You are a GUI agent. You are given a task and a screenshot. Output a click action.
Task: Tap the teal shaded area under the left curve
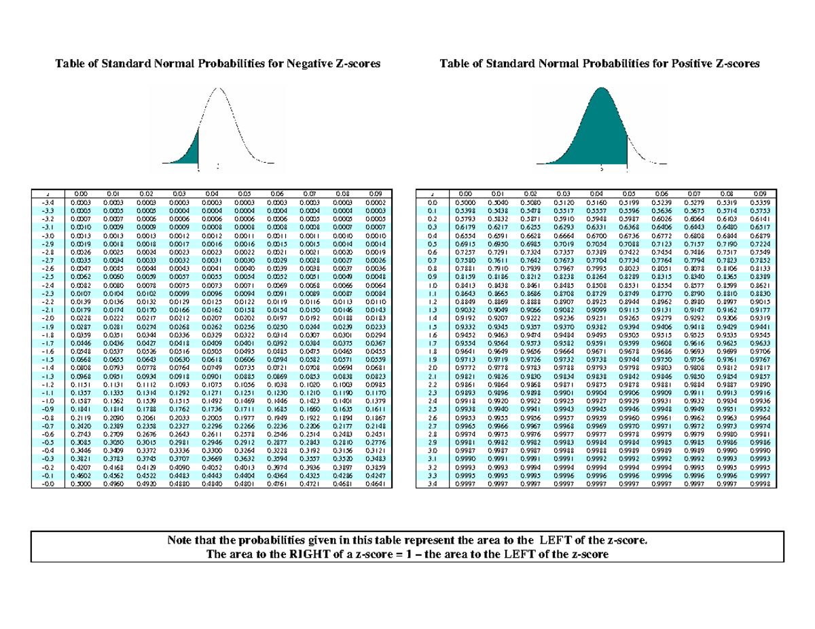(x=191, y=151)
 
